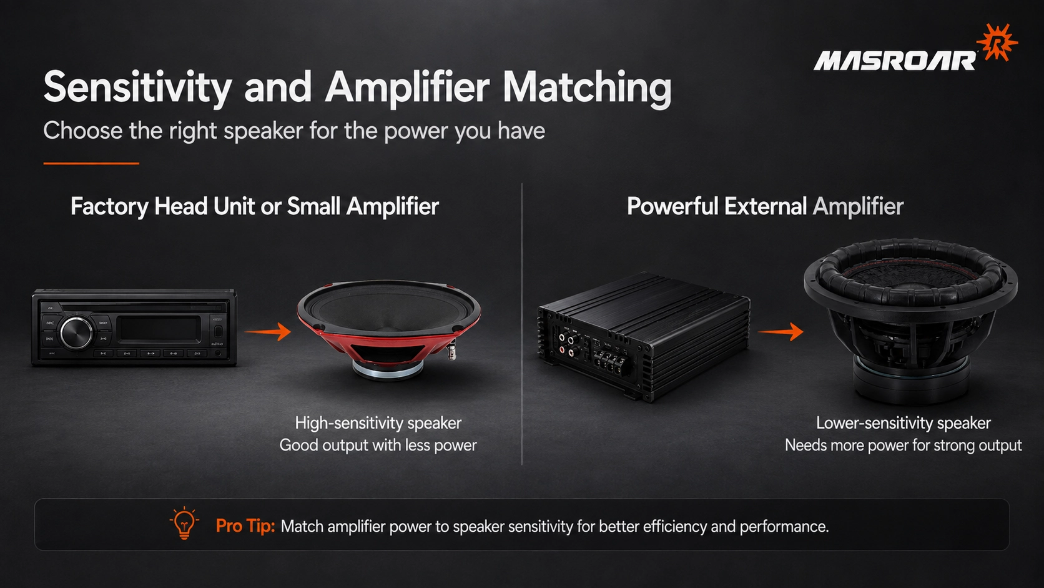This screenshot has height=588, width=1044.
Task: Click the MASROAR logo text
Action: click(894, 61)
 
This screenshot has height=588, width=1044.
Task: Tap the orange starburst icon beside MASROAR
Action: click(997, 42)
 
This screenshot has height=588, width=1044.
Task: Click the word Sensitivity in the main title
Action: click(137, 88)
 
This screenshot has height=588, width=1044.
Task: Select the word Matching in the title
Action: click(587, 88)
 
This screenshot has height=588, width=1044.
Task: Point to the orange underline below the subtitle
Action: click(91, 163)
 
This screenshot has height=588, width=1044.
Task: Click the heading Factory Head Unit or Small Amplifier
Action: click(255, 206)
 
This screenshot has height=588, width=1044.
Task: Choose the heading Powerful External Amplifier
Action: click(765, 206)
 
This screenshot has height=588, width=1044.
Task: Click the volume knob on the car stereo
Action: click(76, 332)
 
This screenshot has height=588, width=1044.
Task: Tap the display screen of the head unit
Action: click(159, 328)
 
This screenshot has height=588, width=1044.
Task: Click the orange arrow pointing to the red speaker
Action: click(267, 332)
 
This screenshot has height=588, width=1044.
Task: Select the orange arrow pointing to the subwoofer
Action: click(781, 332)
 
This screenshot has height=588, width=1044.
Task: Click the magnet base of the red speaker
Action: click(388, 369)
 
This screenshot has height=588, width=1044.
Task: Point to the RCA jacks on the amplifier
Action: click(567, 343)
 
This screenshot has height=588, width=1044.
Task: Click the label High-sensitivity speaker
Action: click(378, 423)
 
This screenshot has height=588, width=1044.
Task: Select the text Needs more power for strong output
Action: click(904, 446)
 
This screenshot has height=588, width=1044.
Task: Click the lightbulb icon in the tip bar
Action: click(184, 523)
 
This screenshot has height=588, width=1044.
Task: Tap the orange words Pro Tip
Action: click(245, 526)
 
